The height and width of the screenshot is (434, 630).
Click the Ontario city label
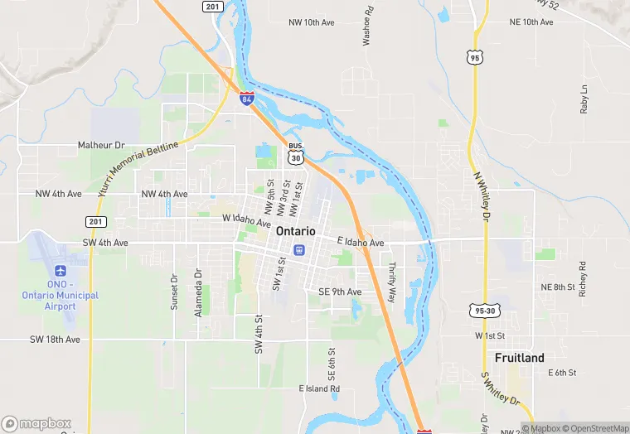point(295,231)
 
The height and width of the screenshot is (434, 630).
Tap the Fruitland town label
point(520,358)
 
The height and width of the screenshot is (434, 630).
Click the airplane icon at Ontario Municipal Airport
point(60,272)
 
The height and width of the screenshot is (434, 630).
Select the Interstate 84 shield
point(247,99)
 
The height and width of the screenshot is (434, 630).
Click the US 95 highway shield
point(473,57)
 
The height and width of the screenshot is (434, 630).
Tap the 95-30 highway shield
point(485,311)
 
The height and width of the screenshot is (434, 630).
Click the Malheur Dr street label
point(100,145)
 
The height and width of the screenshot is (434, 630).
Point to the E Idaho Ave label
point(361,243)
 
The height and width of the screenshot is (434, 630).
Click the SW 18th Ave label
point(55,340)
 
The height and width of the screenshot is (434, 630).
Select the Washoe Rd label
point(367,27)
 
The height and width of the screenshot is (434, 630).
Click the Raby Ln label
point(584,99)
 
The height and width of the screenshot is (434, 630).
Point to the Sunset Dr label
point(174,292)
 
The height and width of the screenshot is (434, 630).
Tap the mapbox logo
point(36,423)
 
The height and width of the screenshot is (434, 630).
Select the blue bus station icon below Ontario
point(298,249)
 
